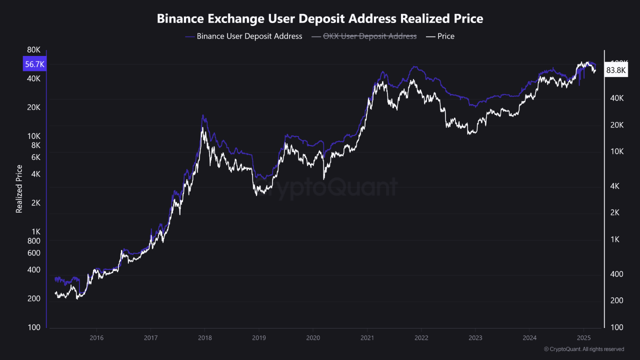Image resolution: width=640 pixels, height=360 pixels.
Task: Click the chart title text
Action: point(320,19)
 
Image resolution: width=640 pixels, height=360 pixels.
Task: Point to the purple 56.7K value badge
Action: point(34,64)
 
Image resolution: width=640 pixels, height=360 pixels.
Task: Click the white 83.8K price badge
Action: point(615,70)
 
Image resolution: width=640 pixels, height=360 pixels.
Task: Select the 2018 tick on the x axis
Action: point(205,337)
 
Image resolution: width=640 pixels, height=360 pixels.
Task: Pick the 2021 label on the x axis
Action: point(367,337)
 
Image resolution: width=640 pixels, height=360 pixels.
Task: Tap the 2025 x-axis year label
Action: point(583,337)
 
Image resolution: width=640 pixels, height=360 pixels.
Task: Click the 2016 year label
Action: point(96,337)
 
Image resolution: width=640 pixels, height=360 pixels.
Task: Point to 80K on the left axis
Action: point(33,50)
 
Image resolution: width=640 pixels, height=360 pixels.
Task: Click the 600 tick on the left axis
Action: point(33,253)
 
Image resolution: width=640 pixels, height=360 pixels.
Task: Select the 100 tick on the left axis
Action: point(33,327)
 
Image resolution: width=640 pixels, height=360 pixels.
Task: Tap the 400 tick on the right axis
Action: point(617,274)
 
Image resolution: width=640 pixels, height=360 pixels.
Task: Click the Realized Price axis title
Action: point(19,188)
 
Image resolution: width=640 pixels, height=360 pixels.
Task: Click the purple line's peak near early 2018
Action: point(202,115)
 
